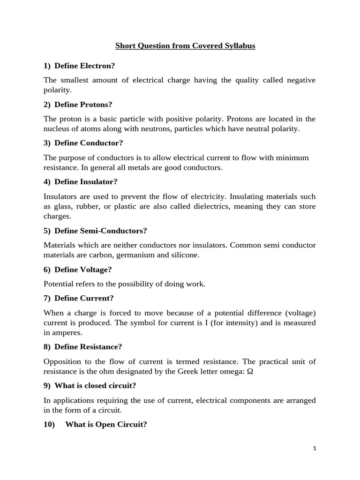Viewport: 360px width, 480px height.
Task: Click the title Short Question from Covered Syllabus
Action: click(x=186, y=47)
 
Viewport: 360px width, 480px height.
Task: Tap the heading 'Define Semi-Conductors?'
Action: click(x=100, y=231)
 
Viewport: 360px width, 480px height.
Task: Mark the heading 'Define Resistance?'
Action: click(x=88, y=347)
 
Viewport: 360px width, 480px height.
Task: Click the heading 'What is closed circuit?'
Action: click(x=95, y=386)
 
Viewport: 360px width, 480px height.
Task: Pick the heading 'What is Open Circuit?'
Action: click(x=106, y=425)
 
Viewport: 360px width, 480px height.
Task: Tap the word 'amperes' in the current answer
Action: click(x=67, y=332)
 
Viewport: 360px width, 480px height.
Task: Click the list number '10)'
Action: click(x=50, y=425)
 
